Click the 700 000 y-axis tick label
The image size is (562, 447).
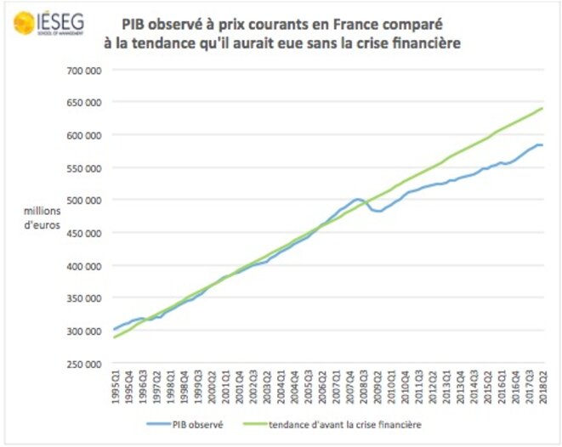[x=84, y=70]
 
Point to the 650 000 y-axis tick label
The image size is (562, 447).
[x=84, y=103]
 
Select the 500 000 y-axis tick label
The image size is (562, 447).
[x=84, y=201]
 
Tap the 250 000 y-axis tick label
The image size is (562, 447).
[x=84, y=364]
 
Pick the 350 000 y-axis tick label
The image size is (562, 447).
[x=84, y=298]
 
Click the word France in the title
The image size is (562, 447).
[x=372, y=24]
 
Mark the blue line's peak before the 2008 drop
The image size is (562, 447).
[x=357, y=199]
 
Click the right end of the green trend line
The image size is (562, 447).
[x=542, y=108]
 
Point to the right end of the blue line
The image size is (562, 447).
[x=542, y=145]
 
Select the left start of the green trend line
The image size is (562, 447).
[x=114, y=337]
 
